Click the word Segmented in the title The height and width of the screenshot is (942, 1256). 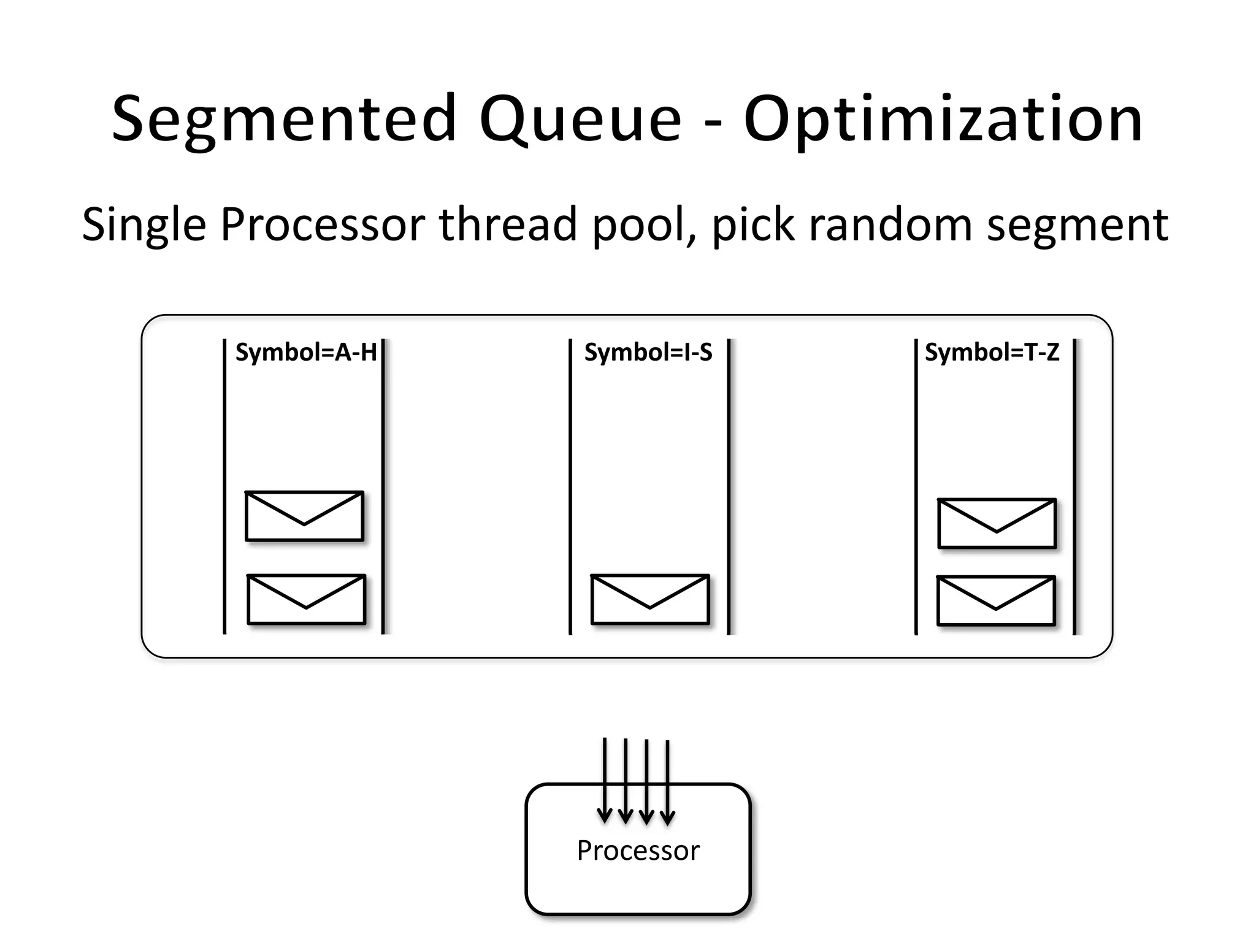(x=284, y=120)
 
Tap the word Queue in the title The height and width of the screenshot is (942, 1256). (x=580, y=120)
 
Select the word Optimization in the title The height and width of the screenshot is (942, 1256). (x=943, y=120)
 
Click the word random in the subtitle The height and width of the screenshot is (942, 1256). (x=890, y=224)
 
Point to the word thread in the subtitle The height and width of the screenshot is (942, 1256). (x=508, y=224)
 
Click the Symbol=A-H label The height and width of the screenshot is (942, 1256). (x=305, y=353)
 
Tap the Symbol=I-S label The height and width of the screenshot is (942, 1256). (x=648, y=353)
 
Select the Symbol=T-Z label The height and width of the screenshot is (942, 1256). (x=992, y=353)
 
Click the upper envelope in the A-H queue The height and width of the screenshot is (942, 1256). (x=304, y=516)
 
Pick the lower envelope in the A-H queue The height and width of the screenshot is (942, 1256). (x=306, y=600)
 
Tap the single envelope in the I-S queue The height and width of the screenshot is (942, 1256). (x=650, y=600)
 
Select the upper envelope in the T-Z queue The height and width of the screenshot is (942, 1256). (x=997, y=523)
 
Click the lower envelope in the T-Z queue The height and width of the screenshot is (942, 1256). (x=996, y=601)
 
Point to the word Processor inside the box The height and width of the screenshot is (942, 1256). (x=638, y=851)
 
